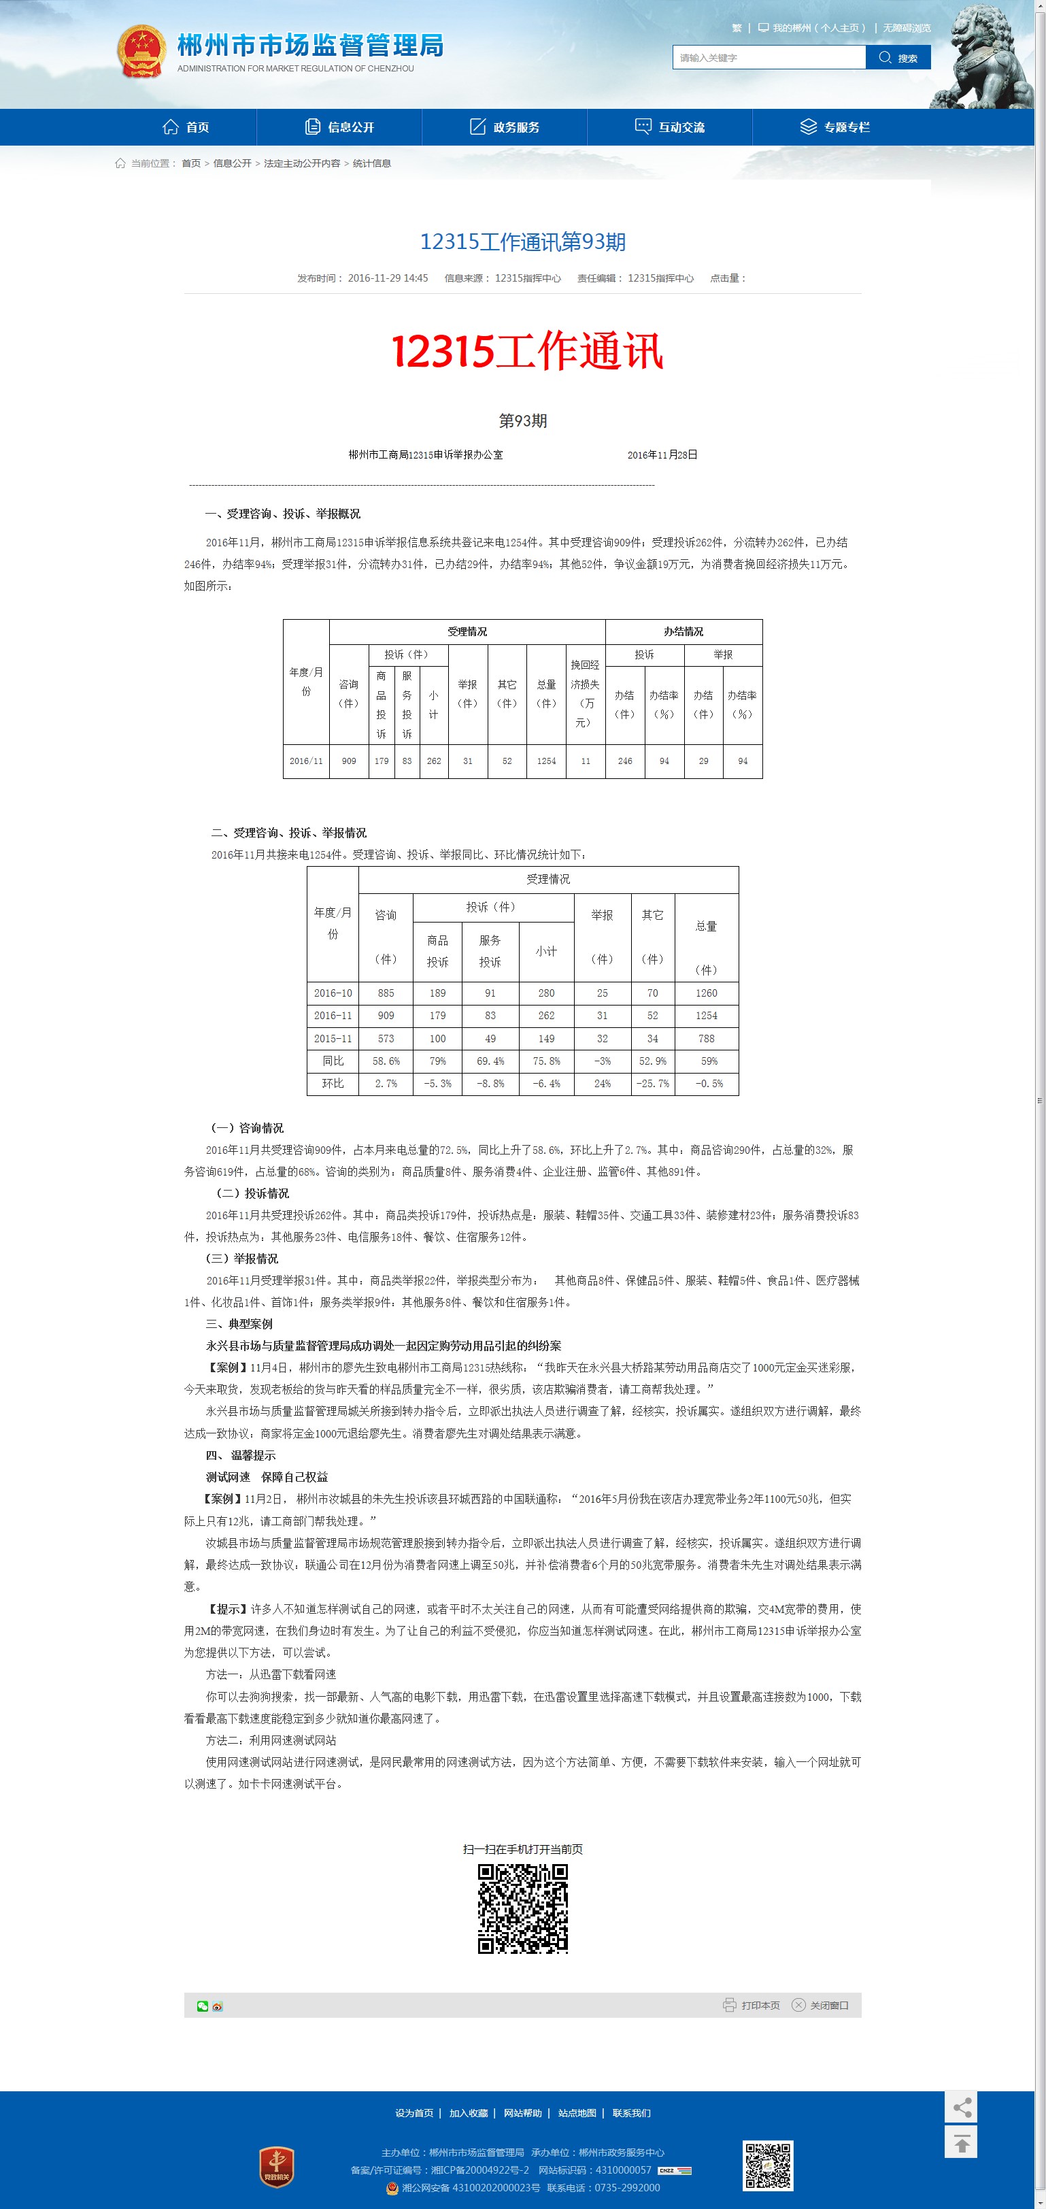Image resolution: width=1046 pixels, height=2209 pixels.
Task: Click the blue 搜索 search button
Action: pos(898,57)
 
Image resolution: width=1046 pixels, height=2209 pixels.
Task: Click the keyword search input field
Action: pos(769,57)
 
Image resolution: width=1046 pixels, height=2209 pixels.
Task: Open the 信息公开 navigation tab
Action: pos(339,127)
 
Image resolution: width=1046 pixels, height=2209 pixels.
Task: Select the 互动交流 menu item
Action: pos(670,127)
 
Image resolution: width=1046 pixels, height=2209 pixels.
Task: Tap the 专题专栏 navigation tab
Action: pos(835,127)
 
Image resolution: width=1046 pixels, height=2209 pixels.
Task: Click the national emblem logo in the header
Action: pos(141,50)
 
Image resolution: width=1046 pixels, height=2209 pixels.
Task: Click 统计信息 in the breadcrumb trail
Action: pos(371,163)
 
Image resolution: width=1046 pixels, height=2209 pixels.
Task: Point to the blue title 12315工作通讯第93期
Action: pos(522,242)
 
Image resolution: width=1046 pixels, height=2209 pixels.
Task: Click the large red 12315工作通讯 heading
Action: pos(527,352)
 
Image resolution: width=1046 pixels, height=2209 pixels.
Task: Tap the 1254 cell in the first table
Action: pos(546,761)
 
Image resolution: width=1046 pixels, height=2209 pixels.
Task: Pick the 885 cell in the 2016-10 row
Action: pos(386,993)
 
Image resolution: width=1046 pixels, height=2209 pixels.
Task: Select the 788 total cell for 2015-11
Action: pos(706,1038)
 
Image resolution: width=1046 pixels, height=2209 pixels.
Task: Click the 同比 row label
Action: pos(333,1061)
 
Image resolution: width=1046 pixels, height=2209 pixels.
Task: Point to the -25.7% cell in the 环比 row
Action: pos(652,1084)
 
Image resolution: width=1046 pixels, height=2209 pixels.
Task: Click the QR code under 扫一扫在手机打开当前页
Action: pos(522,1908)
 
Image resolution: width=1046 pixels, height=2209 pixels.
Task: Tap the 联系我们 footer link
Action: pos(631,2113)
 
